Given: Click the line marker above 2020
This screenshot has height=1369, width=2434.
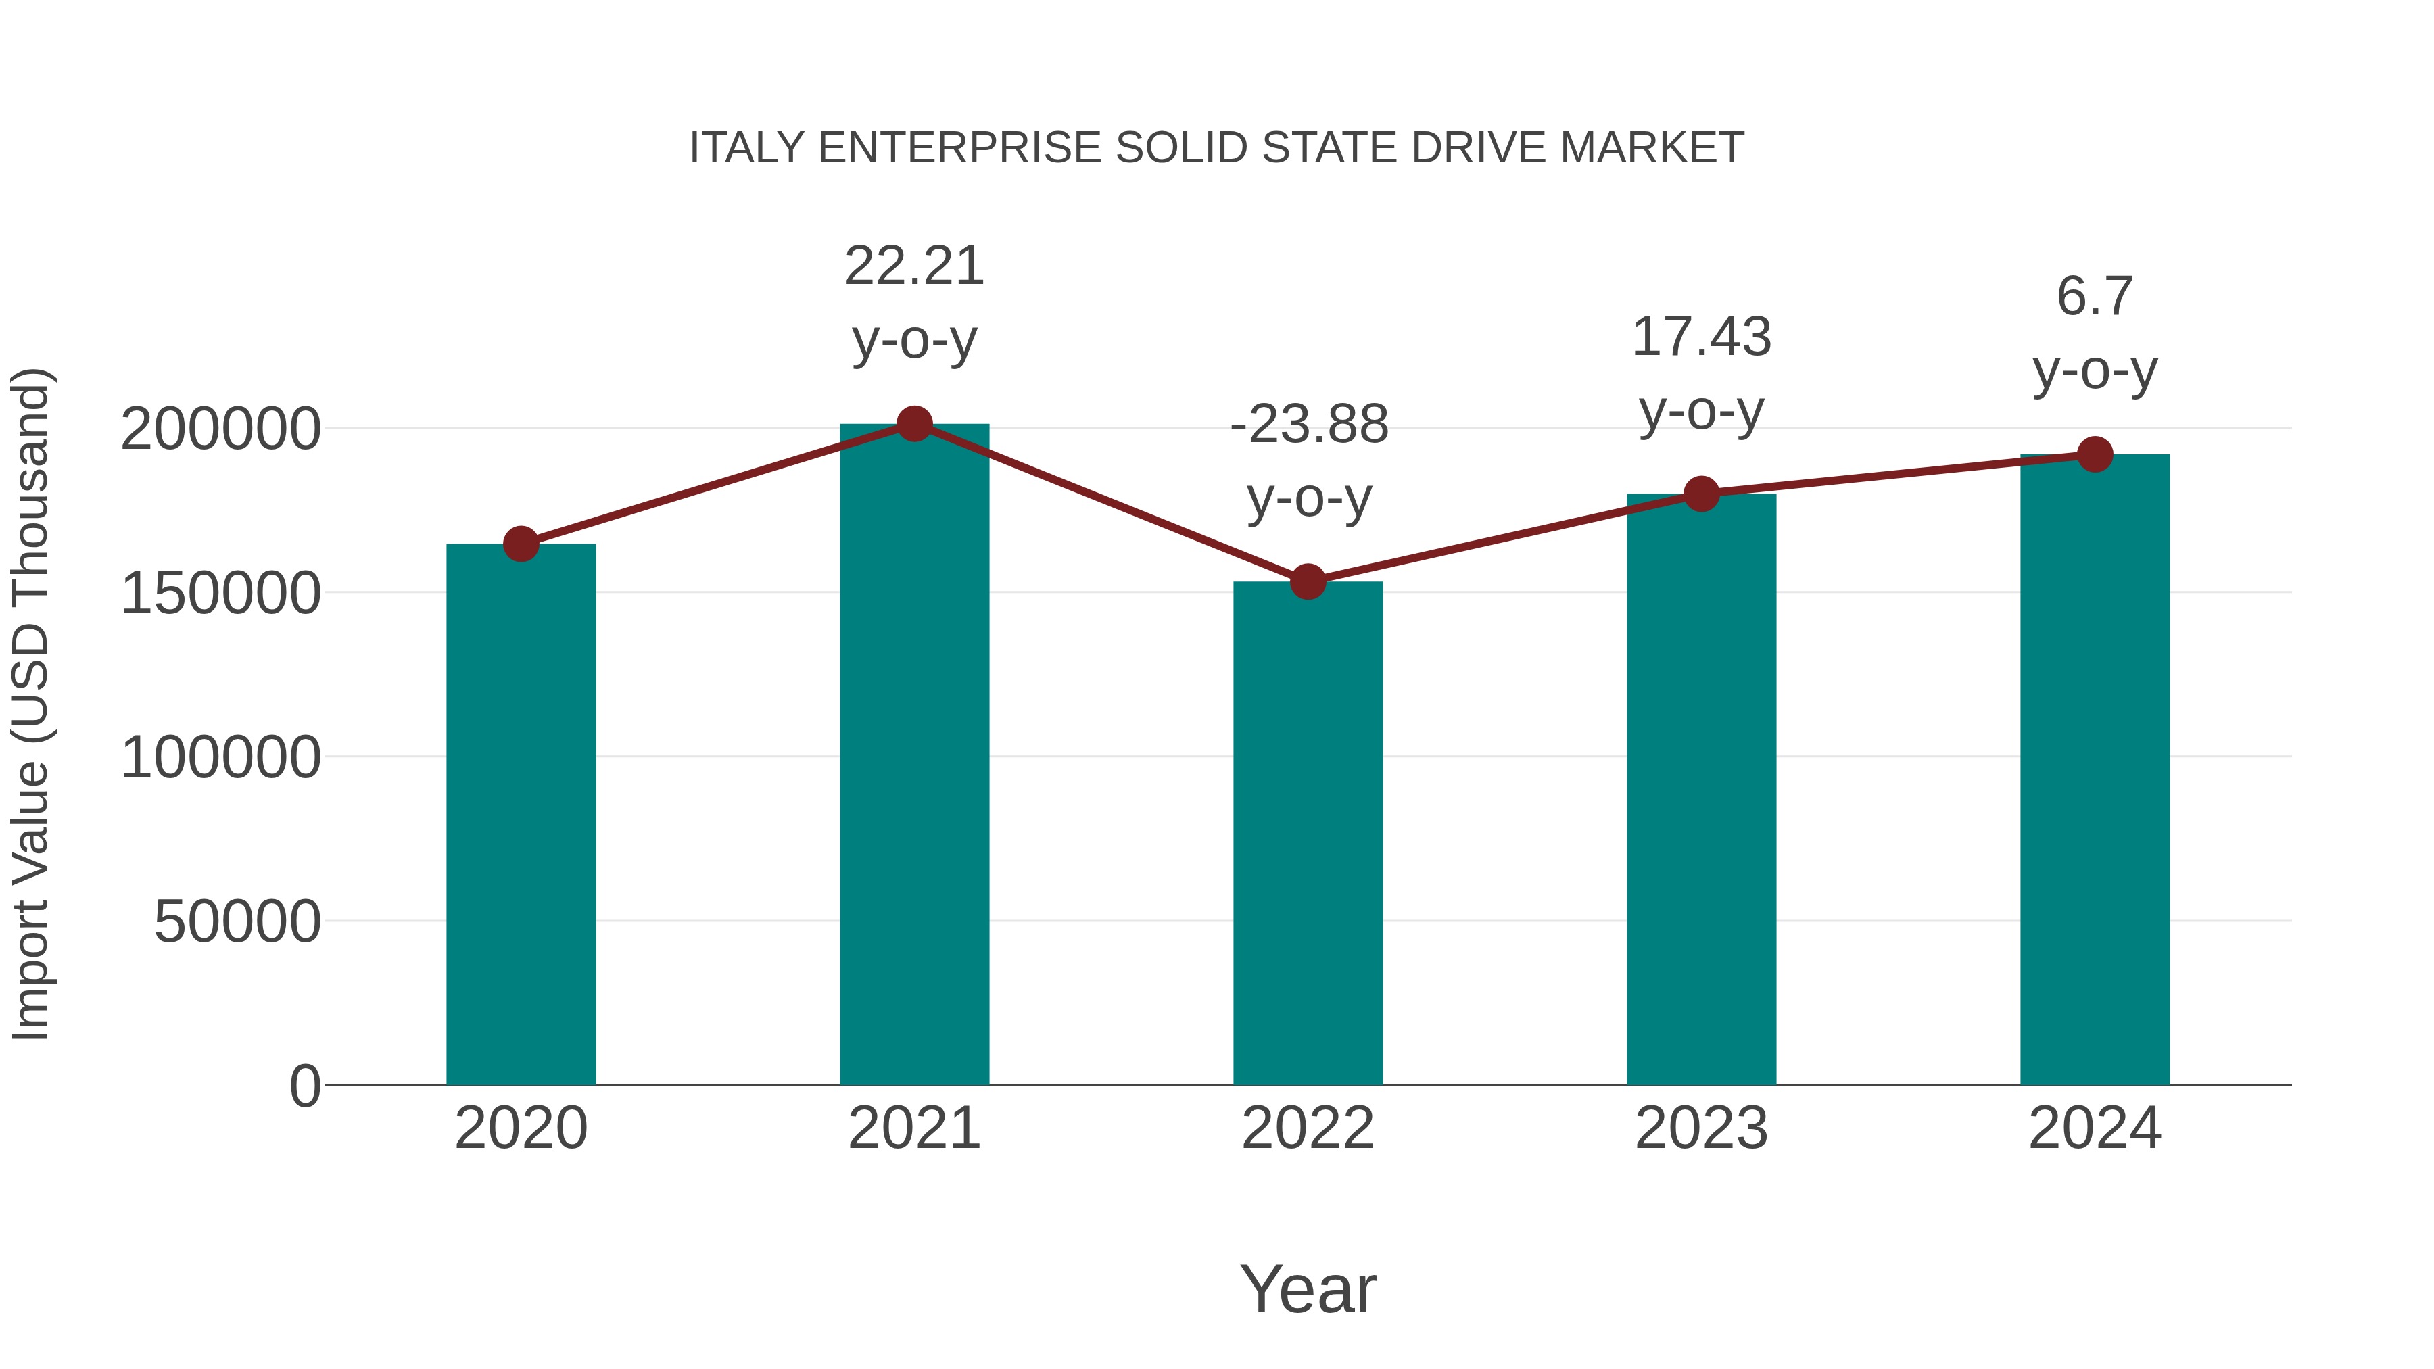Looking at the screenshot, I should (x=521, y=544).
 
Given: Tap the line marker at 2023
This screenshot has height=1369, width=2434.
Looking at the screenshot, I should (x=1701, y=494).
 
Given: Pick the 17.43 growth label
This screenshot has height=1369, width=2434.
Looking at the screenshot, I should (x=1701, y=337).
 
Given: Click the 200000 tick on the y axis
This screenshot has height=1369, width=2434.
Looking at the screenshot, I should (x=220, y=430).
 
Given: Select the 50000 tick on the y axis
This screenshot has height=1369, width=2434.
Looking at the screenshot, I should (x=237, y=922).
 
